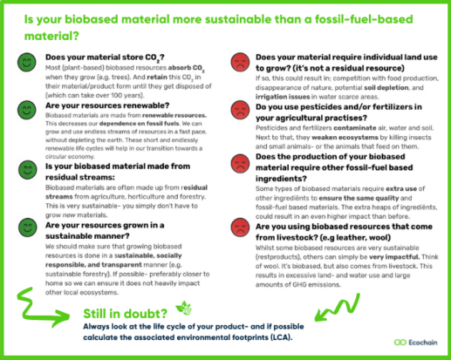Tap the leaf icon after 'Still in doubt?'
pyautogui.click(x=183, y=306)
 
